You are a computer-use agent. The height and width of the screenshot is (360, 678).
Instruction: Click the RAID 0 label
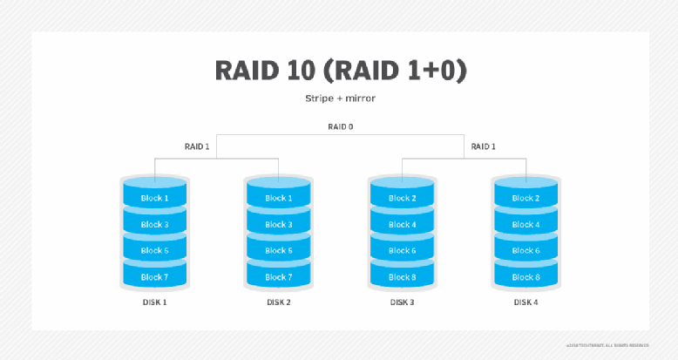(x=340, y=126)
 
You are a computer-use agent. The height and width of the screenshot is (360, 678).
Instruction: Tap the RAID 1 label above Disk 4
(x=485, y=146)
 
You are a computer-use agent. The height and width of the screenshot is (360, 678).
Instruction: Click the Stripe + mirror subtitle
(x=338, y=98)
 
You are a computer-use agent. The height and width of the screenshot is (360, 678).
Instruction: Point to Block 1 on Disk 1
(x=154, y=198)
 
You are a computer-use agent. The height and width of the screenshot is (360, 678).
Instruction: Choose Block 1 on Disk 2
(x=278, y=198)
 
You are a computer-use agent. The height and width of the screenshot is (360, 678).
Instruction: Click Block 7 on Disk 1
(x=154, y=276)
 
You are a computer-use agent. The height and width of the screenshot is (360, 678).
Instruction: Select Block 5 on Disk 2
(x=278, y=250)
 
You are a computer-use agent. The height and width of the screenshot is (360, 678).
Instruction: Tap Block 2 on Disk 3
(x=402, y=198)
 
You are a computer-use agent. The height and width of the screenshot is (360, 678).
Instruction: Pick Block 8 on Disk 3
(x=402, y=276)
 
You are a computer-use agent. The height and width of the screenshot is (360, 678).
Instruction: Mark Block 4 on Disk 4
(x=525, y=224)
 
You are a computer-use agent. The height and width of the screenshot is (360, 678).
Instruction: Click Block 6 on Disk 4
(x=525, y=250)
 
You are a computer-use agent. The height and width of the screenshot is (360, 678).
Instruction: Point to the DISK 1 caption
(x=154, y=302)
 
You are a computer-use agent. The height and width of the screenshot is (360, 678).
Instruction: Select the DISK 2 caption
(x=278, y=302)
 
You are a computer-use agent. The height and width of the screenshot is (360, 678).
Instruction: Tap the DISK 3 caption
(x=402, y=302)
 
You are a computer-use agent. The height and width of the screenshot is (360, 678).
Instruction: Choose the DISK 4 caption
(x=525, y=302)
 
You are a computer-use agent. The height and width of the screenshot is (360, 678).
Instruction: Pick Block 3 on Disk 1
(x=154, y=224)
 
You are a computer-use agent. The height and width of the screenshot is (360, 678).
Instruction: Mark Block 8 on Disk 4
(x=525, y=276)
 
